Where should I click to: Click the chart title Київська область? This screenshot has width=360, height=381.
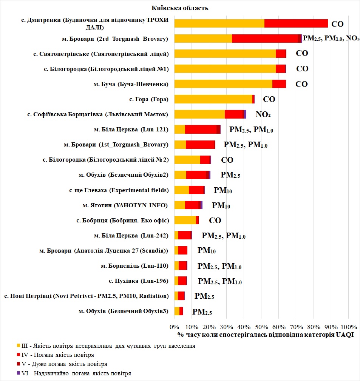pos(180,8)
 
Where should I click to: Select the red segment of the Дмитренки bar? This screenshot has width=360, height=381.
pos(296,23)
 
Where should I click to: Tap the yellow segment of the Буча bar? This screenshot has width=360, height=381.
pos(223,84)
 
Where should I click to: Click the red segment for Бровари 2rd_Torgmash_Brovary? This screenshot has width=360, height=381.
pos(264,39)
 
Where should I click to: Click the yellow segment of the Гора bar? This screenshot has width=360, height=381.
pos(213,99)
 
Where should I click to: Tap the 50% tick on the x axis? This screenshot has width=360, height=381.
pos(261,327)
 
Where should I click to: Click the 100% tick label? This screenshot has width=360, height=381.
pos(348,327)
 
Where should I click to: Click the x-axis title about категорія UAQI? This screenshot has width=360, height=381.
pos(265,335)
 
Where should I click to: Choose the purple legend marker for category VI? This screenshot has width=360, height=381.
pos(19,373)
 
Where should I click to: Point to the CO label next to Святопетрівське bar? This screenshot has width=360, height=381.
pos(302,53)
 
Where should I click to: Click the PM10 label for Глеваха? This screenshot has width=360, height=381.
pos(222,191)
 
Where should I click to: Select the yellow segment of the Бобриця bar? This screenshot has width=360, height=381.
pos(185,220)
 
